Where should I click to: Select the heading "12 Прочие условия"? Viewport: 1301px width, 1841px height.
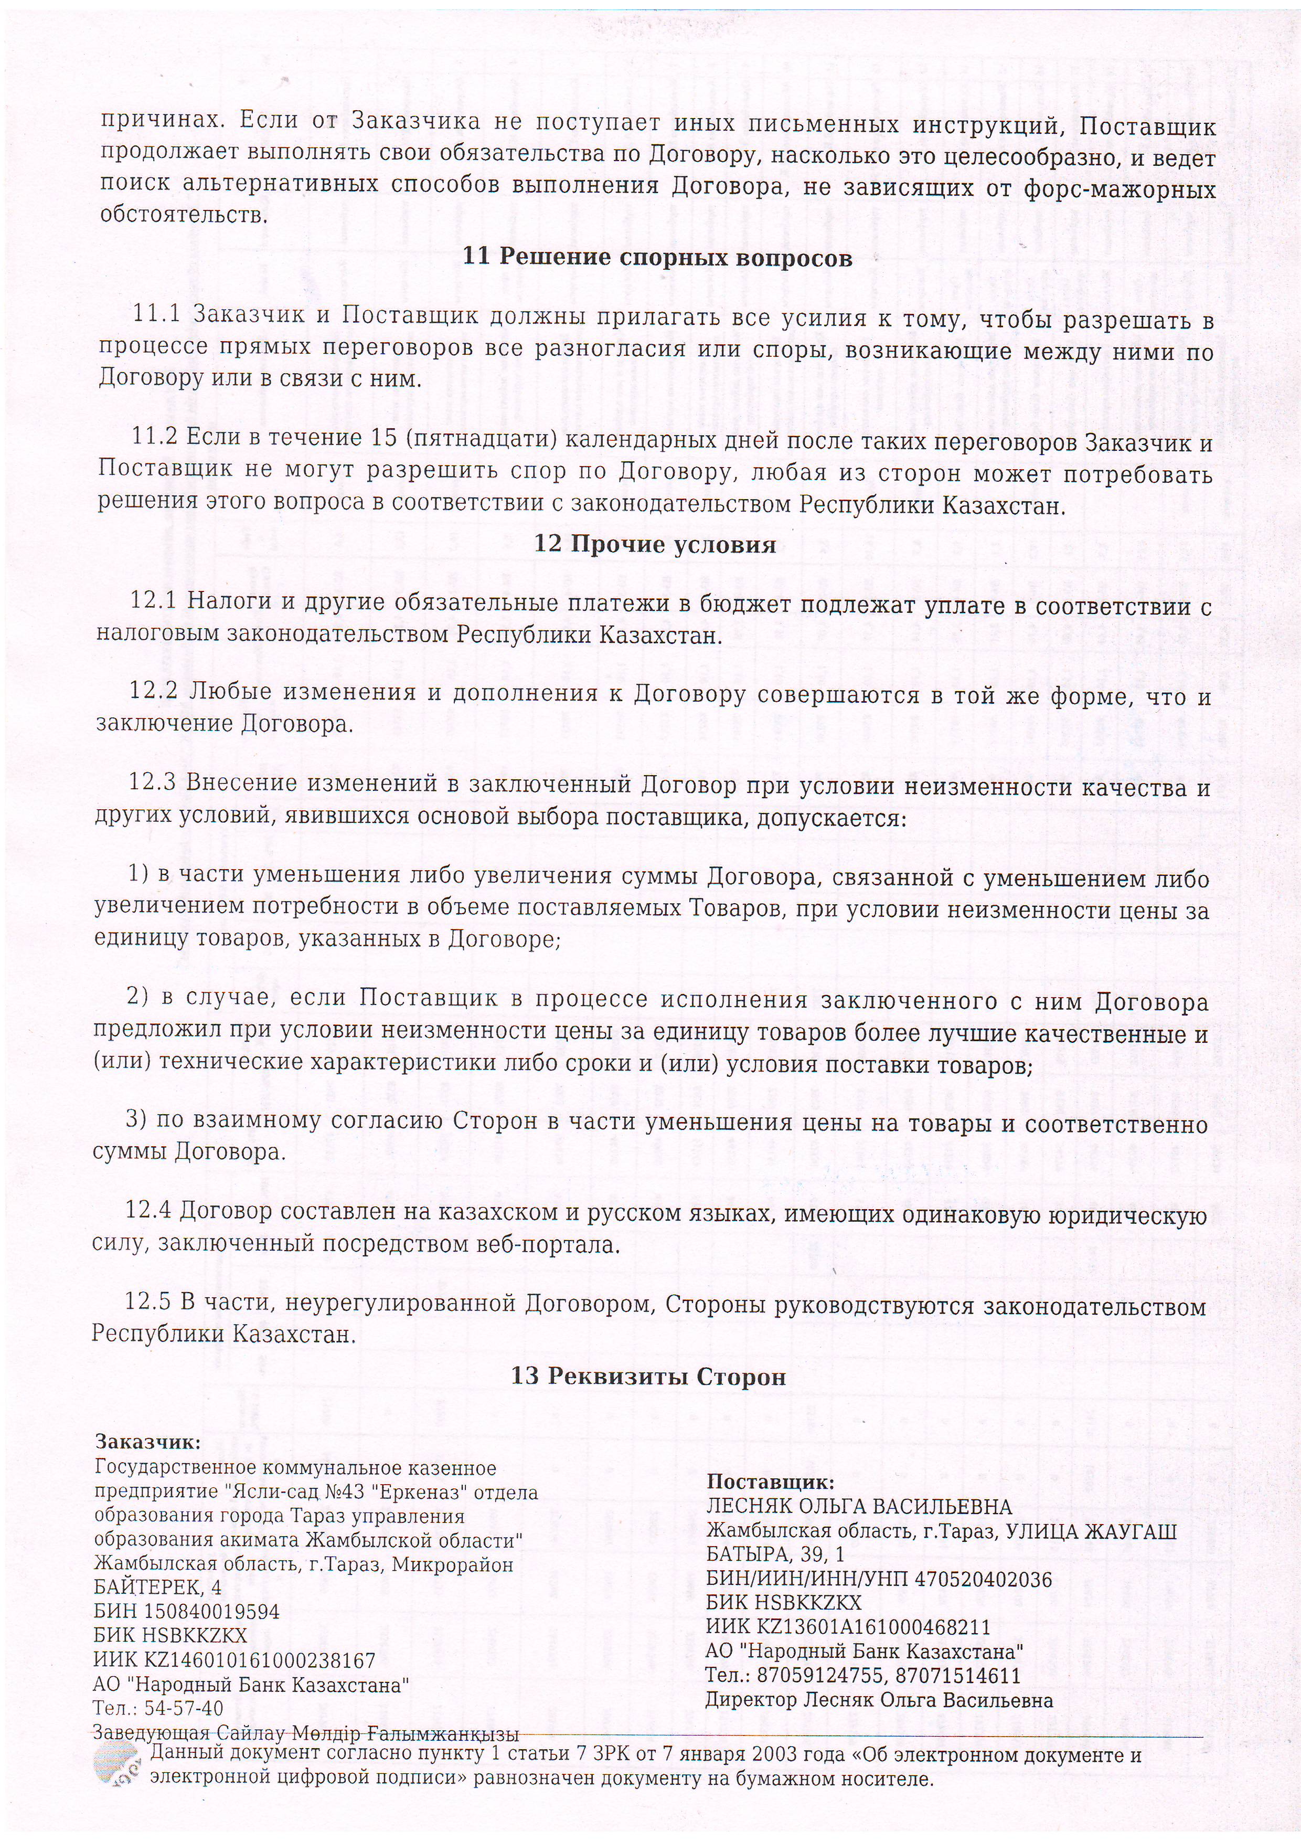click(x=655, y=545)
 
